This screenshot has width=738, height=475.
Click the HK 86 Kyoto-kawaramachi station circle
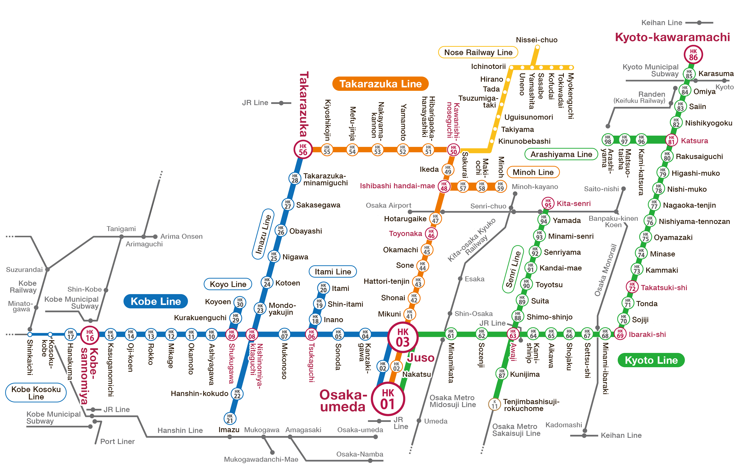click(x=693, y=55)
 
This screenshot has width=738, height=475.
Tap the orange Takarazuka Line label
click(x=380, y=84)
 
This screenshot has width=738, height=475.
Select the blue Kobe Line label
click(x=155, y=301)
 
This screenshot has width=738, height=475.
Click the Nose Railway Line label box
click(x=478, y=52)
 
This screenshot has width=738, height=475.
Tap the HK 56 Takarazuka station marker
click(x=303, y=150)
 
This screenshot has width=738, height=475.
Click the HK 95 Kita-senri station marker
click(x=548, y=203)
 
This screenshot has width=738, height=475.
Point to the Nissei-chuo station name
click(x=536, y=40)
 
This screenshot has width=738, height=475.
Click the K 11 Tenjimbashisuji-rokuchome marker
click(x=494, y=404)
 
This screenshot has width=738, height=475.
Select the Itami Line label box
click(x=332, y=272)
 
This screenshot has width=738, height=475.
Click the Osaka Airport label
click(x=388, y=206)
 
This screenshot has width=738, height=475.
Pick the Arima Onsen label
click(x=181, y=237)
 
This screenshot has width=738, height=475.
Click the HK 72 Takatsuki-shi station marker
click(x=632, y=287)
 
